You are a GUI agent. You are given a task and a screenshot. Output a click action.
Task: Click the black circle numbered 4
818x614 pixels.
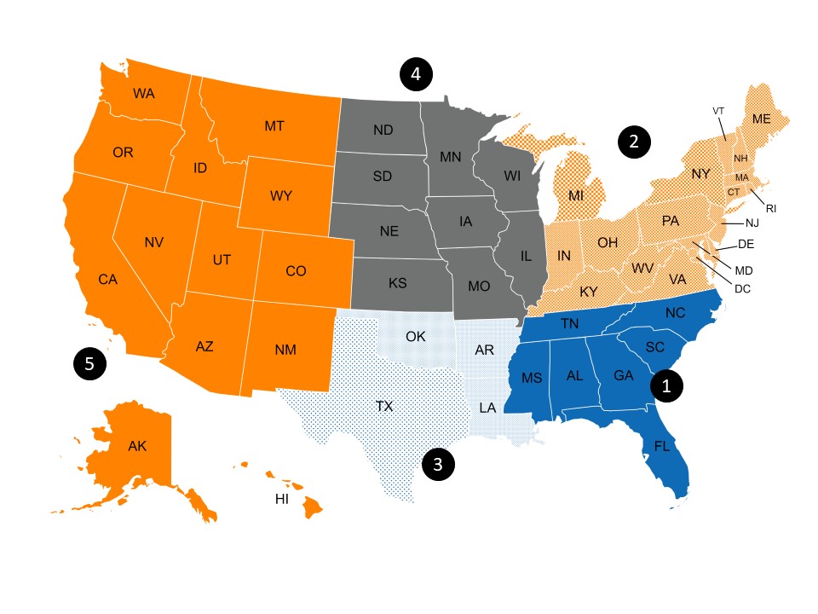(x=416, y=74)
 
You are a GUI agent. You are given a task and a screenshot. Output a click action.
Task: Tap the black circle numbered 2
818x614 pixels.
(x=633, y=142)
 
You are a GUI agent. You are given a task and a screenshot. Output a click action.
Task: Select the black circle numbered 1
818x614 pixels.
(x=666, y=386)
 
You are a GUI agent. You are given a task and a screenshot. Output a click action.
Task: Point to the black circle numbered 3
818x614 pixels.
(x=437, y=465)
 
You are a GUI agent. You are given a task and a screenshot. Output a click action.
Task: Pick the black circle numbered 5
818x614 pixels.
(x=89, y=364)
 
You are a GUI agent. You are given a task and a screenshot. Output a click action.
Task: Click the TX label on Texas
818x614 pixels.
(x=384, y=407)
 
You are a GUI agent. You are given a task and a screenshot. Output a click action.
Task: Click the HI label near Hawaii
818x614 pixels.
(x=282, y=500)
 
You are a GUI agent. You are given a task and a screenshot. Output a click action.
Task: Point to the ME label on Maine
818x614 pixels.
(x=761, y=119)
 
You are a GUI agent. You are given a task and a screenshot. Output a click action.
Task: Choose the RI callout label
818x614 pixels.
(x=771, y=207)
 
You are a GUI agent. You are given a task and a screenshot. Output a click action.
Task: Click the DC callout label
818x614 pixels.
(x=742, y=288)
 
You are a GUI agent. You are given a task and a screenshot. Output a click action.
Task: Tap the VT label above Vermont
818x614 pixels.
(x=718, y=111)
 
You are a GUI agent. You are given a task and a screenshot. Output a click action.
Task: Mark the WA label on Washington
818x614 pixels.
(x=144, y=93)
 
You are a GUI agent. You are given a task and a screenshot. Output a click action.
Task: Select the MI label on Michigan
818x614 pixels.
(x=577, y=196)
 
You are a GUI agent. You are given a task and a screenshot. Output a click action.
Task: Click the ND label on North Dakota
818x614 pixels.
(x=383, y=130)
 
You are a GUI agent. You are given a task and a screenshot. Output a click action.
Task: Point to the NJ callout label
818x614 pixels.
(x=752, y=223)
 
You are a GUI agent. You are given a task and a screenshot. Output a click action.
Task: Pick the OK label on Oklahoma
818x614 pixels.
(x=415, y=336)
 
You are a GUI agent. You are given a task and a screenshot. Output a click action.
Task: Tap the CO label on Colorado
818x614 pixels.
(x=296, y=271)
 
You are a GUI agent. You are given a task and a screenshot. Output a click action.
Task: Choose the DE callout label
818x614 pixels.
(x=746, y=244)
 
